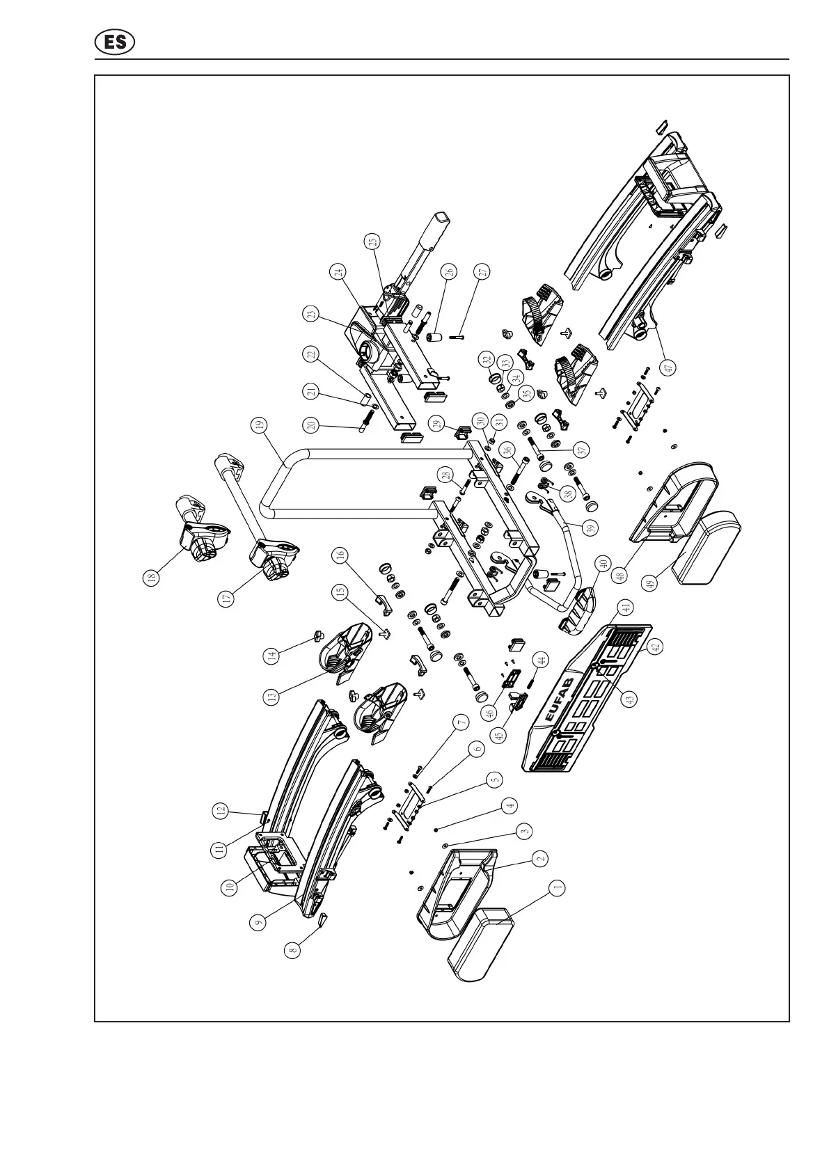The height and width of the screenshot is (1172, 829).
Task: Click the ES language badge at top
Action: (115, 42)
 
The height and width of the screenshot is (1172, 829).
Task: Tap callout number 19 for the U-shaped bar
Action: (259, 425)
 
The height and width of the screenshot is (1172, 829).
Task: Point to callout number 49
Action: (652, 583)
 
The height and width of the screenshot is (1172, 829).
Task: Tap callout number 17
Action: (225, 599)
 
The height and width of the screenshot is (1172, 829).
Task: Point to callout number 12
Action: (221, 810)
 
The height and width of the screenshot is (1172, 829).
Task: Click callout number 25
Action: (373, 241)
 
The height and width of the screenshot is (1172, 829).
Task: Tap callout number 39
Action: (591, 528)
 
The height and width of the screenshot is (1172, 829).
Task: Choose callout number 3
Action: (525, 830)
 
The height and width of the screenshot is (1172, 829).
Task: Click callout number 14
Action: (272, 654)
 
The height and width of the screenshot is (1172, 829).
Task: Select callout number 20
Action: (309, 425)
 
